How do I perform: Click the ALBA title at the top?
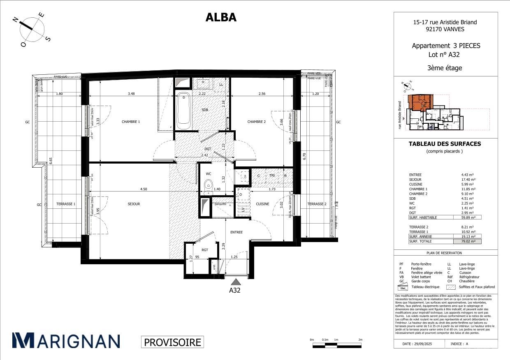[221, 17]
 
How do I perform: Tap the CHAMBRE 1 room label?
[131, 122]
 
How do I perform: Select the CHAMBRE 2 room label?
[256, 122]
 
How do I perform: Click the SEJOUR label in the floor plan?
[134, 204]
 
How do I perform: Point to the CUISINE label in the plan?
[262, 204]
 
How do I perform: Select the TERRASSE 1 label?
[66, 204]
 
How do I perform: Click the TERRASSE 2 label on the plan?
[317, 204]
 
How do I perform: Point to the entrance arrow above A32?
[235, 282]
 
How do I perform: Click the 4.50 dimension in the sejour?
[143, 189]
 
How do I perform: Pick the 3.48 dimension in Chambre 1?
[131, 94]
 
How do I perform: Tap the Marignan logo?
[66, 341]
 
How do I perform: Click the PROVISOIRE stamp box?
[172, 342]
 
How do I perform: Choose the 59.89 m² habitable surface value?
[468, 217]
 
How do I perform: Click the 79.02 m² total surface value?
[468, 242]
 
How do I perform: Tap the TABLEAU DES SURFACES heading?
[444, 144]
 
